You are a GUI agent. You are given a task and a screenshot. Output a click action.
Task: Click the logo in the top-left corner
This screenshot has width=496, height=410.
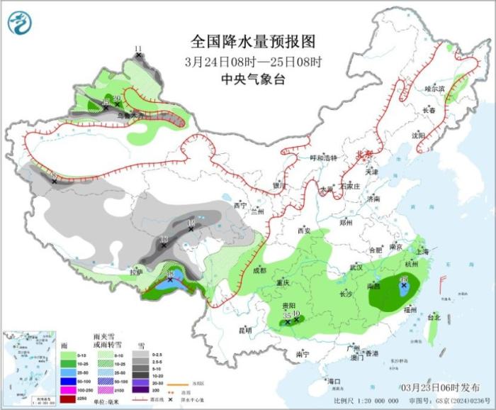point(21,23)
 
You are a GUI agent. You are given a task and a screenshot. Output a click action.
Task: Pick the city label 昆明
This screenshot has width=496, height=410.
point(244,330)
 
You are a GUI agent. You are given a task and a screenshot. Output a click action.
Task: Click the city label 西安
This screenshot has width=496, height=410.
point(304,231)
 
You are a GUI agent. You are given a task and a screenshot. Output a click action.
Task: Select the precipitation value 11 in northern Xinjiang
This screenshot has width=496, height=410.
point(138,48)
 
